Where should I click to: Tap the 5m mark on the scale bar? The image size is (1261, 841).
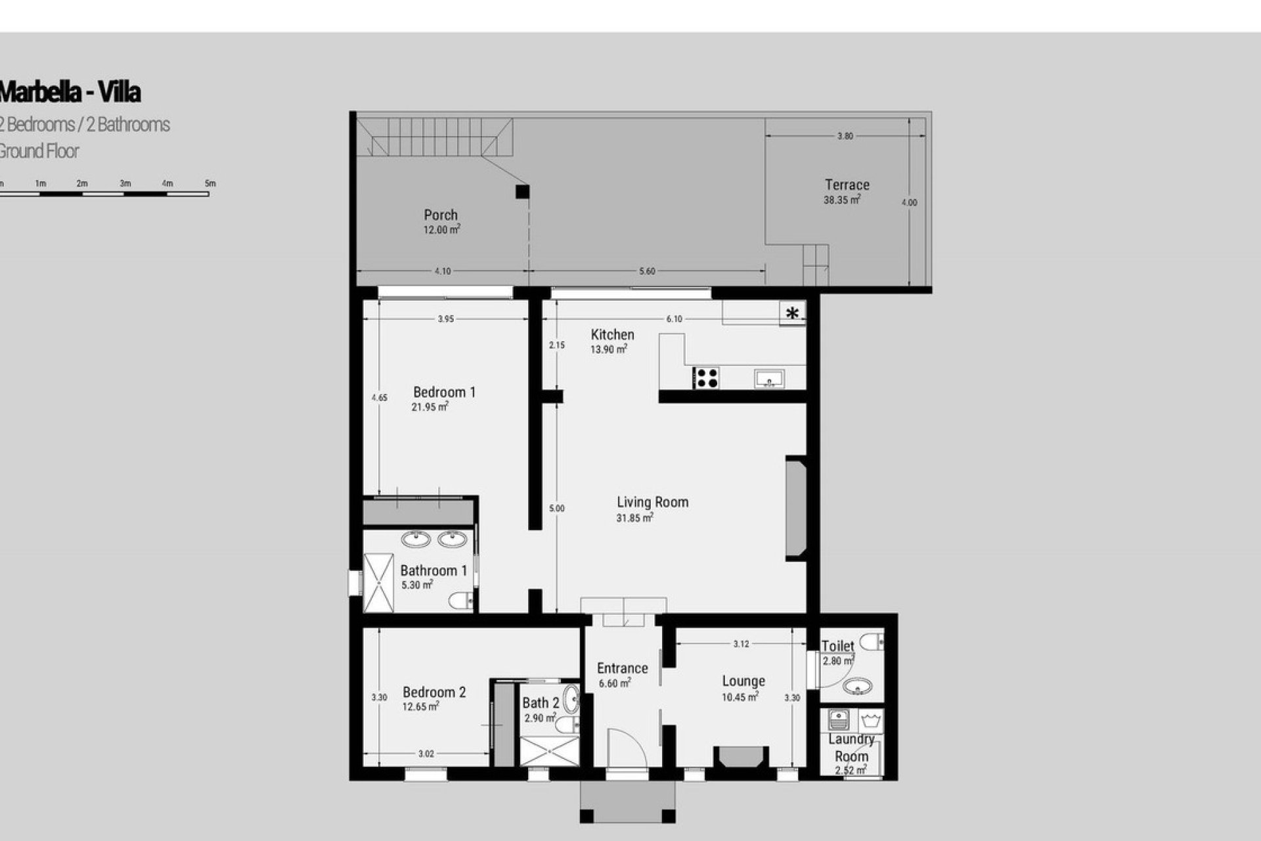pyautogui.click(x=210, y=184)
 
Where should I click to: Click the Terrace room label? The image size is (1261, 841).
pyautogui.click(x=847, y=185)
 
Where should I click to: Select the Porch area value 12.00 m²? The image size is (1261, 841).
pyautogui.click(x=441, y=230)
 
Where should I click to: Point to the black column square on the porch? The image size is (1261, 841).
pyautogui.click(x=522, y=192)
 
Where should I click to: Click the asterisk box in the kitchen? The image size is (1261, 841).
pyautogui.click(x=793, y=313)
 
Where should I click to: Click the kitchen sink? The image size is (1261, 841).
pyautogui.click(x=768, y=378)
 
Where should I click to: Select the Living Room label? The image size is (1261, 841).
pyautogui.click(x=652, y=503)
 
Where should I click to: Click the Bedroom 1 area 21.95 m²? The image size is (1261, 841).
pyautogui.click(x=430, y=407)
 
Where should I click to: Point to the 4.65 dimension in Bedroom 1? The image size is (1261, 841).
pyautogui.click(x=379, y=398)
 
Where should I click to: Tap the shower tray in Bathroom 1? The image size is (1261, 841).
pyautogui.click(x=378, y=583)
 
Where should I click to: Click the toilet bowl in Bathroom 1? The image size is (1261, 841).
pyautogui.click(x=462, y=600)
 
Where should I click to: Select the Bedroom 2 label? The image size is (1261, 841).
pyautogui.click(x=434, y=693)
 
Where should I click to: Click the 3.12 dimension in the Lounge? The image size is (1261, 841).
pyautogui.click(x=741, y=645)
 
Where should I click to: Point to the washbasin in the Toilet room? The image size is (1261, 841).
pyautogui.click(x=858, y=687)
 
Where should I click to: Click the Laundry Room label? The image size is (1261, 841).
pyautogui.click(x=851, y=748)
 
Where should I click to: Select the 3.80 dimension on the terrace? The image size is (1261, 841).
pyautogui.click(x=845, y=137)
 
